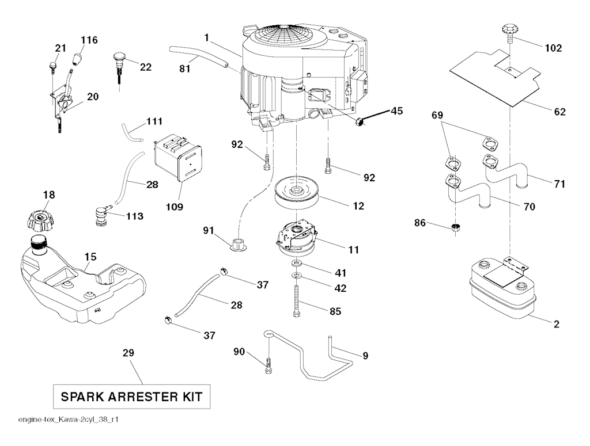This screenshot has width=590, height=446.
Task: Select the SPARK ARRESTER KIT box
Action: coord(131,397)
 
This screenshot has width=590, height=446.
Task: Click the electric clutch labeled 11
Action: coord(297,238)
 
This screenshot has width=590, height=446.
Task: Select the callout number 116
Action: coord(89,40)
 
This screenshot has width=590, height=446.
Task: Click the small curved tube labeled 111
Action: coord(132,132)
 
